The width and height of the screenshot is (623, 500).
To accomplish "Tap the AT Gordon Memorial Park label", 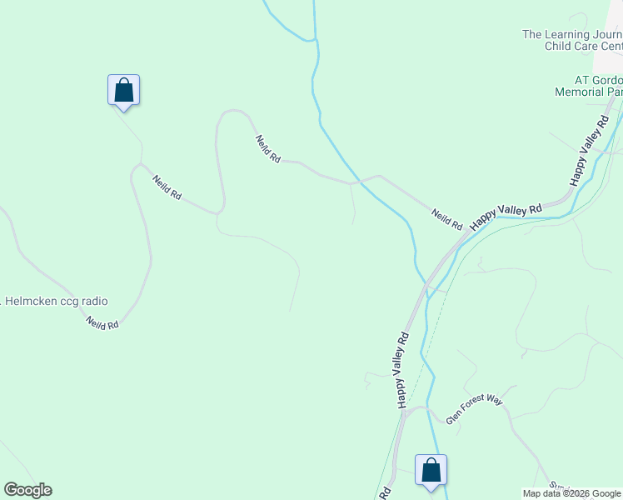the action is [588, 86].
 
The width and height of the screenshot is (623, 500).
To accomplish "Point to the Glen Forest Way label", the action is [475, 411].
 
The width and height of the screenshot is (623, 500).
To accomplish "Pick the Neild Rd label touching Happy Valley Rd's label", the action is [447, 220].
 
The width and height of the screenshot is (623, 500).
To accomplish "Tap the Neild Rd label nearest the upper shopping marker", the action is [167, 187].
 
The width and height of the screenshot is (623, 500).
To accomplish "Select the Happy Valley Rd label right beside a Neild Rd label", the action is [506, 217].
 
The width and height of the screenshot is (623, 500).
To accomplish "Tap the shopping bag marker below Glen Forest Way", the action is [431, 471].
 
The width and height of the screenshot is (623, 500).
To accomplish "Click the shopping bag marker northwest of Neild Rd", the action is [123, 90].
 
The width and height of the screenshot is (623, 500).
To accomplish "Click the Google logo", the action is [27, 490].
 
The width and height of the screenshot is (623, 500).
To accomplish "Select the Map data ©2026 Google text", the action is [571, 493].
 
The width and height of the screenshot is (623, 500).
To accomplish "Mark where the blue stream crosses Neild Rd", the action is [356, 181].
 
